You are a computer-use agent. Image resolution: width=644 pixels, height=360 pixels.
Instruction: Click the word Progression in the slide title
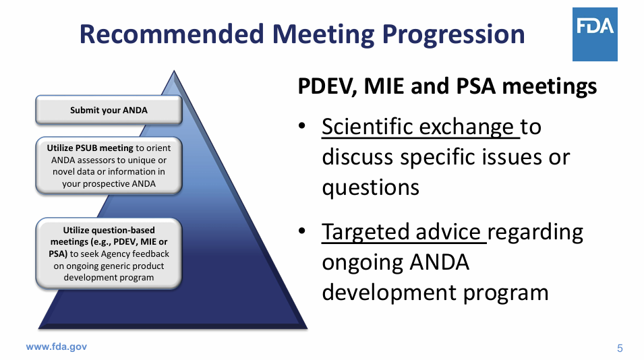[446, 34]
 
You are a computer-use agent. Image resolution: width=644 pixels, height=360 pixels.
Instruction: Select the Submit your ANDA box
[109, 111]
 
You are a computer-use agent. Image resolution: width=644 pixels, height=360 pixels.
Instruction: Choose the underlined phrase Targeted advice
[402, 231]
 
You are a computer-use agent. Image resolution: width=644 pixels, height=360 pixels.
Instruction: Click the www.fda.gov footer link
[56, 347]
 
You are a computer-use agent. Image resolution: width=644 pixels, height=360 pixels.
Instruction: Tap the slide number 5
[620, 348]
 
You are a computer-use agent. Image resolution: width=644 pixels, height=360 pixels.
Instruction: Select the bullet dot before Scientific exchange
[303, 127]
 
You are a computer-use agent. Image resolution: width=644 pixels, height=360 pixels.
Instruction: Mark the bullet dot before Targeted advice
[303, 232]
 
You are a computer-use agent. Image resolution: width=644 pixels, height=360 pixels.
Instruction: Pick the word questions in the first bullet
[370, 187]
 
